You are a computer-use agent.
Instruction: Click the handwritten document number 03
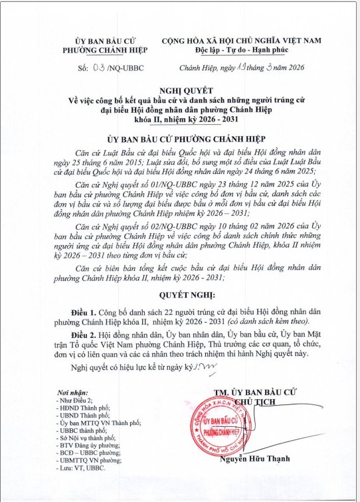click(100, 67)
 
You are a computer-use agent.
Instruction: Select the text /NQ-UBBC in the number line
click(126, 68)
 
